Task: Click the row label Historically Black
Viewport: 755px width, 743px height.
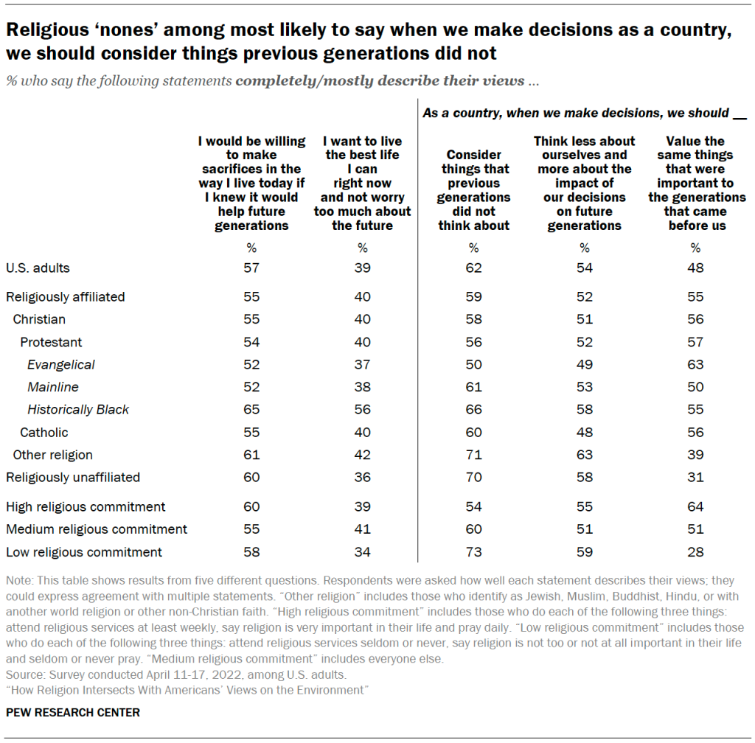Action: click(78, 410)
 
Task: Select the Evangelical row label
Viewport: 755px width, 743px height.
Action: click(61, 365)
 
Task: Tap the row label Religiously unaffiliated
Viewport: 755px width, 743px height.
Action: click(73, 477)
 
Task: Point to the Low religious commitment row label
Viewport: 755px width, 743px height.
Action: click(84, 552)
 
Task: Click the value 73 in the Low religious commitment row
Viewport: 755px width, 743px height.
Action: click(473, 552)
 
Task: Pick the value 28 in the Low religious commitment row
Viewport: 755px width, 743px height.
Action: click(695, 552)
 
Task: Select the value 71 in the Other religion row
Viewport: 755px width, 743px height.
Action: click(473, 455)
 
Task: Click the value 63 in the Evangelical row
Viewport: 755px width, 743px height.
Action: click(695, 365)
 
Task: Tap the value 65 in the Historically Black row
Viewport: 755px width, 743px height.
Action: click(251, 410)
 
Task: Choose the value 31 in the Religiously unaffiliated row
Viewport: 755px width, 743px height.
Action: click(695, 477)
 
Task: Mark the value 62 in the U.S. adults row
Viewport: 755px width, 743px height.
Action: click(473, 268)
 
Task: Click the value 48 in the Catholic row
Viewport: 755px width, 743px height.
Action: click(584, 432)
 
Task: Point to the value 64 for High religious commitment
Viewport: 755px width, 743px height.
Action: click(695, 507)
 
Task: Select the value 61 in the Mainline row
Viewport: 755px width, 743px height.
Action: click(473, 387)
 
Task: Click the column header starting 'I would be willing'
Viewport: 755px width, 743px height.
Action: click(251, 183)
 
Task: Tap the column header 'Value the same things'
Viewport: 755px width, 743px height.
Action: click(696, 183)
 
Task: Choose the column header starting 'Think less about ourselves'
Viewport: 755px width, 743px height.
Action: click(585, 183)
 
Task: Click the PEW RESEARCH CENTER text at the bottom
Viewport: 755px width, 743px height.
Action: click(73, 713)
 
